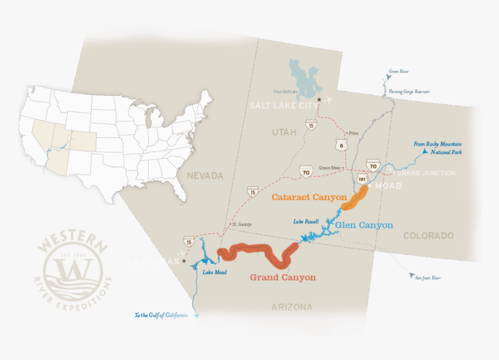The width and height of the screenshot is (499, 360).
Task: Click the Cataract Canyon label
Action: tap(309, 197)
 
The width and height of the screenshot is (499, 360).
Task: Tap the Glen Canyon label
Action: tap(364, 225)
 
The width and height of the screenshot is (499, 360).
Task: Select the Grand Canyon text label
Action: tap(283, 277)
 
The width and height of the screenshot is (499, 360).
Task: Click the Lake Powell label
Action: tap(306, 221)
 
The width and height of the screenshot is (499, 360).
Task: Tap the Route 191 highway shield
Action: tap(362, 179)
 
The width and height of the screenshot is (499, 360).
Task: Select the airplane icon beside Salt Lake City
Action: tap(328, 99)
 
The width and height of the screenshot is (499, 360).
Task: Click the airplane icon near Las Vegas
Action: tap(185, 253)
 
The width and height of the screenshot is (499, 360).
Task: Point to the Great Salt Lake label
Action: tap(285, 91)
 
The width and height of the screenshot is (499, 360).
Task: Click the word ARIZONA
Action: tap(292, 307)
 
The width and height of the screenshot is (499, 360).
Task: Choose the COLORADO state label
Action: tap(428, 236)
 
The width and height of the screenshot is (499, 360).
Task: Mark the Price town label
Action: tap(353, 133)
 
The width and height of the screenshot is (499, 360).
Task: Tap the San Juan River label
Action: tap(428, 278)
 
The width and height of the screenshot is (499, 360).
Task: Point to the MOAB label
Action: tap(388, 186)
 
